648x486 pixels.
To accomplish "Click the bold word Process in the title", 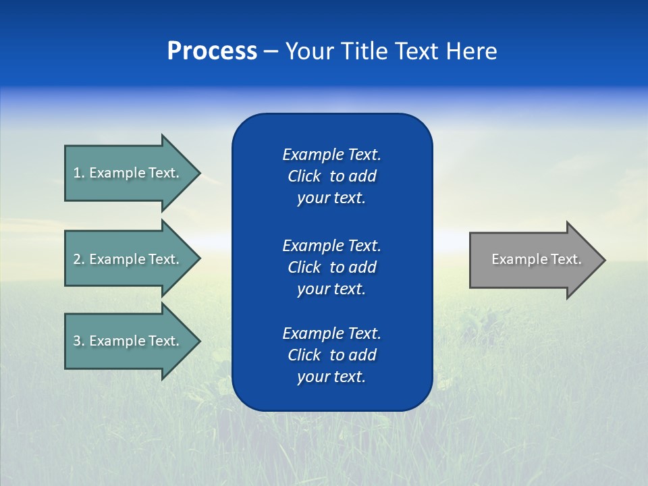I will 212,51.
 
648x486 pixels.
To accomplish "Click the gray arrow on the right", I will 533,259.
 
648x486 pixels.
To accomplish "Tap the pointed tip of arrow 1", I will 198,173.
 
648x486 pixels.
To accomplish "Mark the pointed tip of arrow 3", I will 198,341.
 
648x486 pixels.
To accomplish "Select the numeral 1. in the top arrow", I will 78,173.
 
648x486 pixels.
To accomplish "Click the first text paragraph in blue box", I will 331,176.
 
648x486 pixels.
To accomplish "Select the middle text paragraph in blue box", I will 331,267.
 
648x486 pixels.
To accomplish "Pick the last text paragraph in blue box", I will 331,355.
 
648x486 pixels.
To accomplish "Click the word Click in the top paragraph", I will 304,176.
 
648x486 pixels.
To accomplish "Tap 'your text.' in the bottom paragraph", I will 331,377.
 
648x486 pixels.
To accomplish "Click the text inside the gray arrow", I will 537,259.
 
